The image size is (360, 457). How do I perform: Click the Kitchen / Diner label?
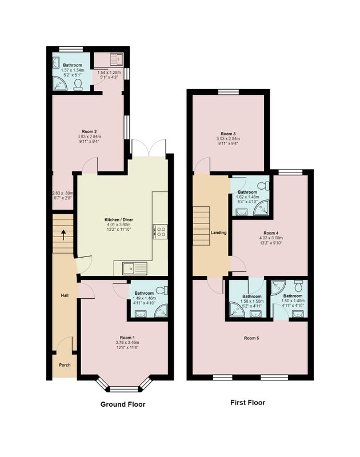pos(119,220)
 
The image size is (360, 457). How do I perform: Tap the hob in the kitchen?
pos(161,232)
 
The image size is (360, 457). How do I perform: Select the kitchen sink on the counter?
pos(135,268)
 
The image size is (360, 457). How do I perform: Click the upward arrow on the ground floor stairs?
pos(63,235)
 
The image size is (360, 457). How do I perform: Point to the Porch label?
pos(65,365)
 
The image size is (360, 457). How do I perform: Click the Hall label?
pos(65,295)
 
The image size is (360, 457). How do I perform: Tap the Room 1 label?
pos(127,338)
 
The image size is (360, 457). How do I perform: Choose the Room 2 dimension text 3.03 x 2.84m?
pos(89,137)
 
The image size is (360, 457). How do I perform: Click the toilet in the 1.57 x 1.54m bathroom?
pos(78,85)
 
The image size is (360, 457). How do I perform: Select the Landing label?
pos(219,232)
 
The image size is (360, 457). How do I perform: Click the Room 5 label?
pos(251,338)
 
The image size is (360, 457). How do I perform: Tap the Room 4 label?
pos(271,233)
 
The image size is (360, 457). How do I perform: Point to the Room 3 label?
pos(228,134)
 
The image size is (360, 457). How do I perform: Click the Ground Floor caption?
pos(123,404)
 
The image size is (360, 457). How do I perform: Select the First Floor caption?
pos(248,403)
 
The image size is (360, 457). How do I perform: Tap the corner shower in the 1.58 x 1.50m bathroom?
pos(236,310)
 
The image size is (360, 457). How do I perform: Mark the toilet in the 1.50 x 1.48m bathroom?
pos(299,286)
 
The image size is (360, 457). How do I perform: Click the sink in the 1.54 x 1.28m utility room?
pos(117,60)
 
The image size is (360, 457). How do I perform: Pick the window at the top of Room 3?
pos(228,92)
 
